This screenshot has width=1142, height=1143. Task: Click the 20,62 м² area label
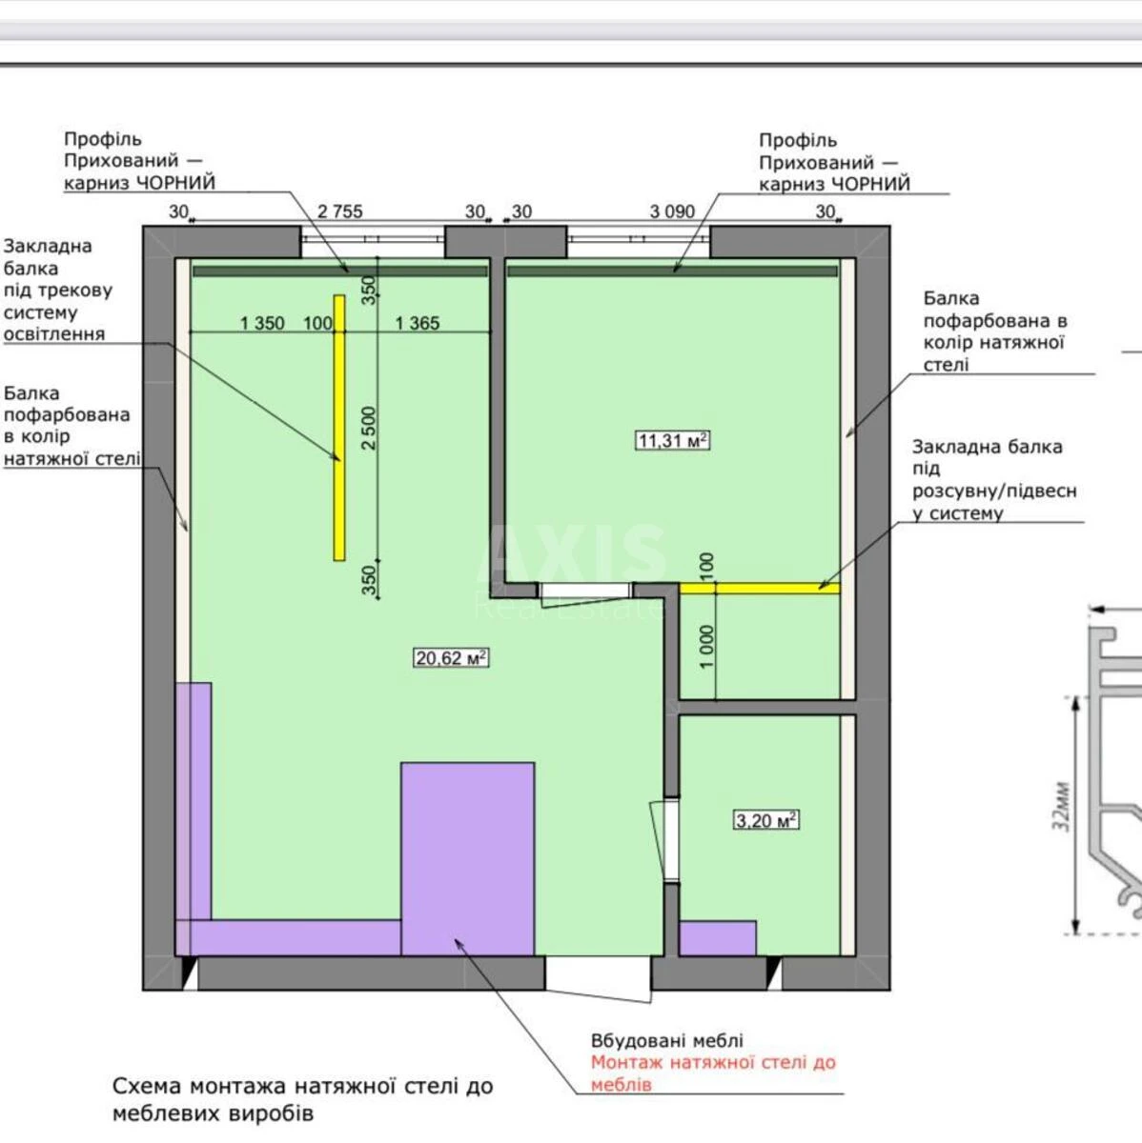click(451, 657)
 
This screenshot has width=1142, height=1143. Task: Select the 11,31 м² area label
click(673, 440)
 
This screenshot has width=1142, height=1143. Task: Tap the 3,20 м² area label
click(765, 820)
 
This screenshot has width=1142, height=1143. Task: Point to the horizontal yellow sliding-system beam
click(760, 588)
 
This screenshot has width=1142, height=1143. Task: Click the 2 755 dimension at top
click(339, 211)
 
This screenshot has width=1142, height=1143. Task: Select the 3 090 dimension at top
click(672, 211)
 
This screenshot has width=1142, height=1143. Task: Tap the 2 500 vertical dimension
click(370, 428)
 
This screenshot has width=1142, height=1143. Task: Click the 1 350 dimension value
click(261, 323)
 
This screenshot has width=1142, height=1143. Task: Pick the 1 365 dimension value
click(418, 323)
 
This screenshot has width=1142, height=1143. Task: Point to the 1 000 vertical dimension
click(706, 647)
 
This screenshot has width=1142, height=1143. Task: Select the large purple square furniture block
click(467, 857)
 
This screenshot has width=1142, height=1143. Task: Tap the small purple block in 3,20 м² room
click(718, 937)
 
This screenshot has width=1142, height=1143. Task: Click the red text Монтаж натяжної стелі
click(712, 1062)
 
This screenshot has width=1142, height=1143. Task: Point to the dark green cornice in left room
click(339, 271)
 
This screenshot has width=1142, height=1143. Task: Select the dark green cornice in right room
click(672, 271)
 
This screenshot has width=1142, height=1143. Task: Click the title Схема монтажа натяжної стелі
click(302, 1086)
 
